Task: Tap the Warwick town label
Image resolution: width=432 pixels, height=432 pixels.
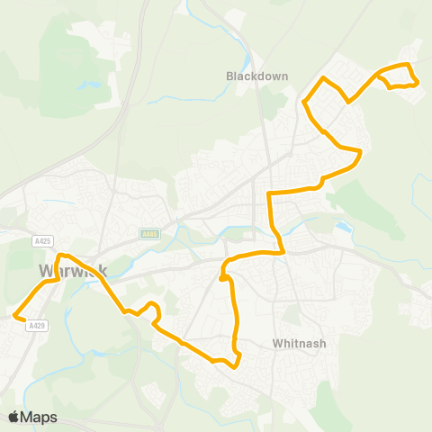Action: point(72,270)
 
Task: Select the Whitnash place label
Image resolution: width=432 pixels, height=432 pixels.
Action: point(297,343)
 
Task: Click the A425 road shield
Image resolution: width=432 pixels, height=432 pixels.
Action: point(41,241)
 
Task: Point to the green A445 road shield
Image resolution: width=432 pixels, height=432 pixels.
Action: point(149,234)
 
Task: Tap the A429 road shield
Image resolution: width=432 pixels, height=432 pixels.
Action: point(36,326)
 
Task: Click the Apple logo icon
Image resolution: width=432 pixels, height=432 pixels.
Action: point(14,417)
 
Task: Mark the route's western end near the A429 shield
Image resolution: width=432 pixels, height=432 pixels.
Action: point(15,315)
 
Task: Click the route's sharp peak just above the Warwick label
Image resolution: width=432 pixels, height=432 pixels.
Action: point(59,257)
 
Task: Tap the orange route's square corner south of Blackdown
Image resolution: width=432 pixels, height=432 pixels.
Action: point(270,194)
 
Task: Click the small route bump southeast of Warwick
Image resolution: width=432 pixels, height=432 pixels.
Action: point(153,305)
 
